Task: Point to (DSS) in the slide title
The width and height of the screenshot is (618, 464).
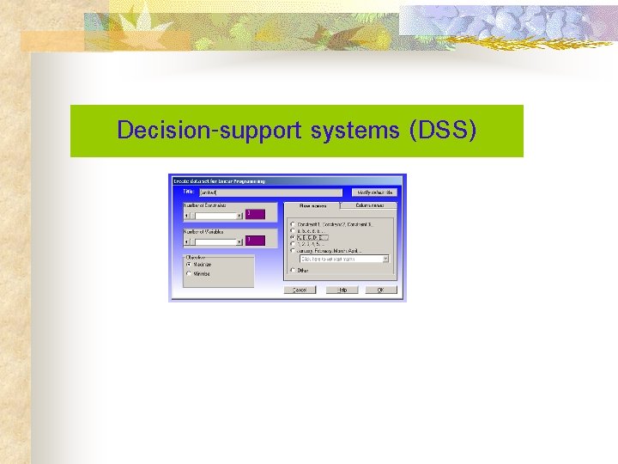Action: click(444, 131)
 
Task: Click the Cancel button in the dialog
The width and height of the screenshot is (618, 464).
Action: click(300, 290)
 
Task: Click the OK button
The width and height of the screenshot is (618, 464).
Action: click(381, 290)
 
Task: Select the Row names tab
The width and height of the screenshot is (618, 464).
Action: click(313, 206)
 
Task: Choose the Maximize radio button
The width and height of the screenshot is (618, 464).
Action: click(190, 265)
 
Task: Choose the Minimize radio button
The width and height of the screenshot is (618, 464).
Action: click(190, 274)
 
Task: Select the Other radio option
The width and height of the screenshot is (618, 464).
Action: click(293, 270)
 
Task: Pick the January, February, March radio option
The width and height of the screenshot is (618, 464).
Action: click(293, 250)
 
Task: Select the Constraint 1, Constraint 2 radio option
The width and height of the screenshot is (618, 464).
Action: click(293, 224)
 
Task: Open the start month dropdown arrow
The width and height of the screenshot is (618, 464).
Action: click(385, 259)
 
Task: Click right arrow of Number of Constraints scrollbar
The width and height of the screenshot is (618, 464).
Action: click(240, 215)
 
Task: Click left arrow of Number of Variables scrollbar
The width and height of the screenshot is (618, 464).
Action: click(186, 241)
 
